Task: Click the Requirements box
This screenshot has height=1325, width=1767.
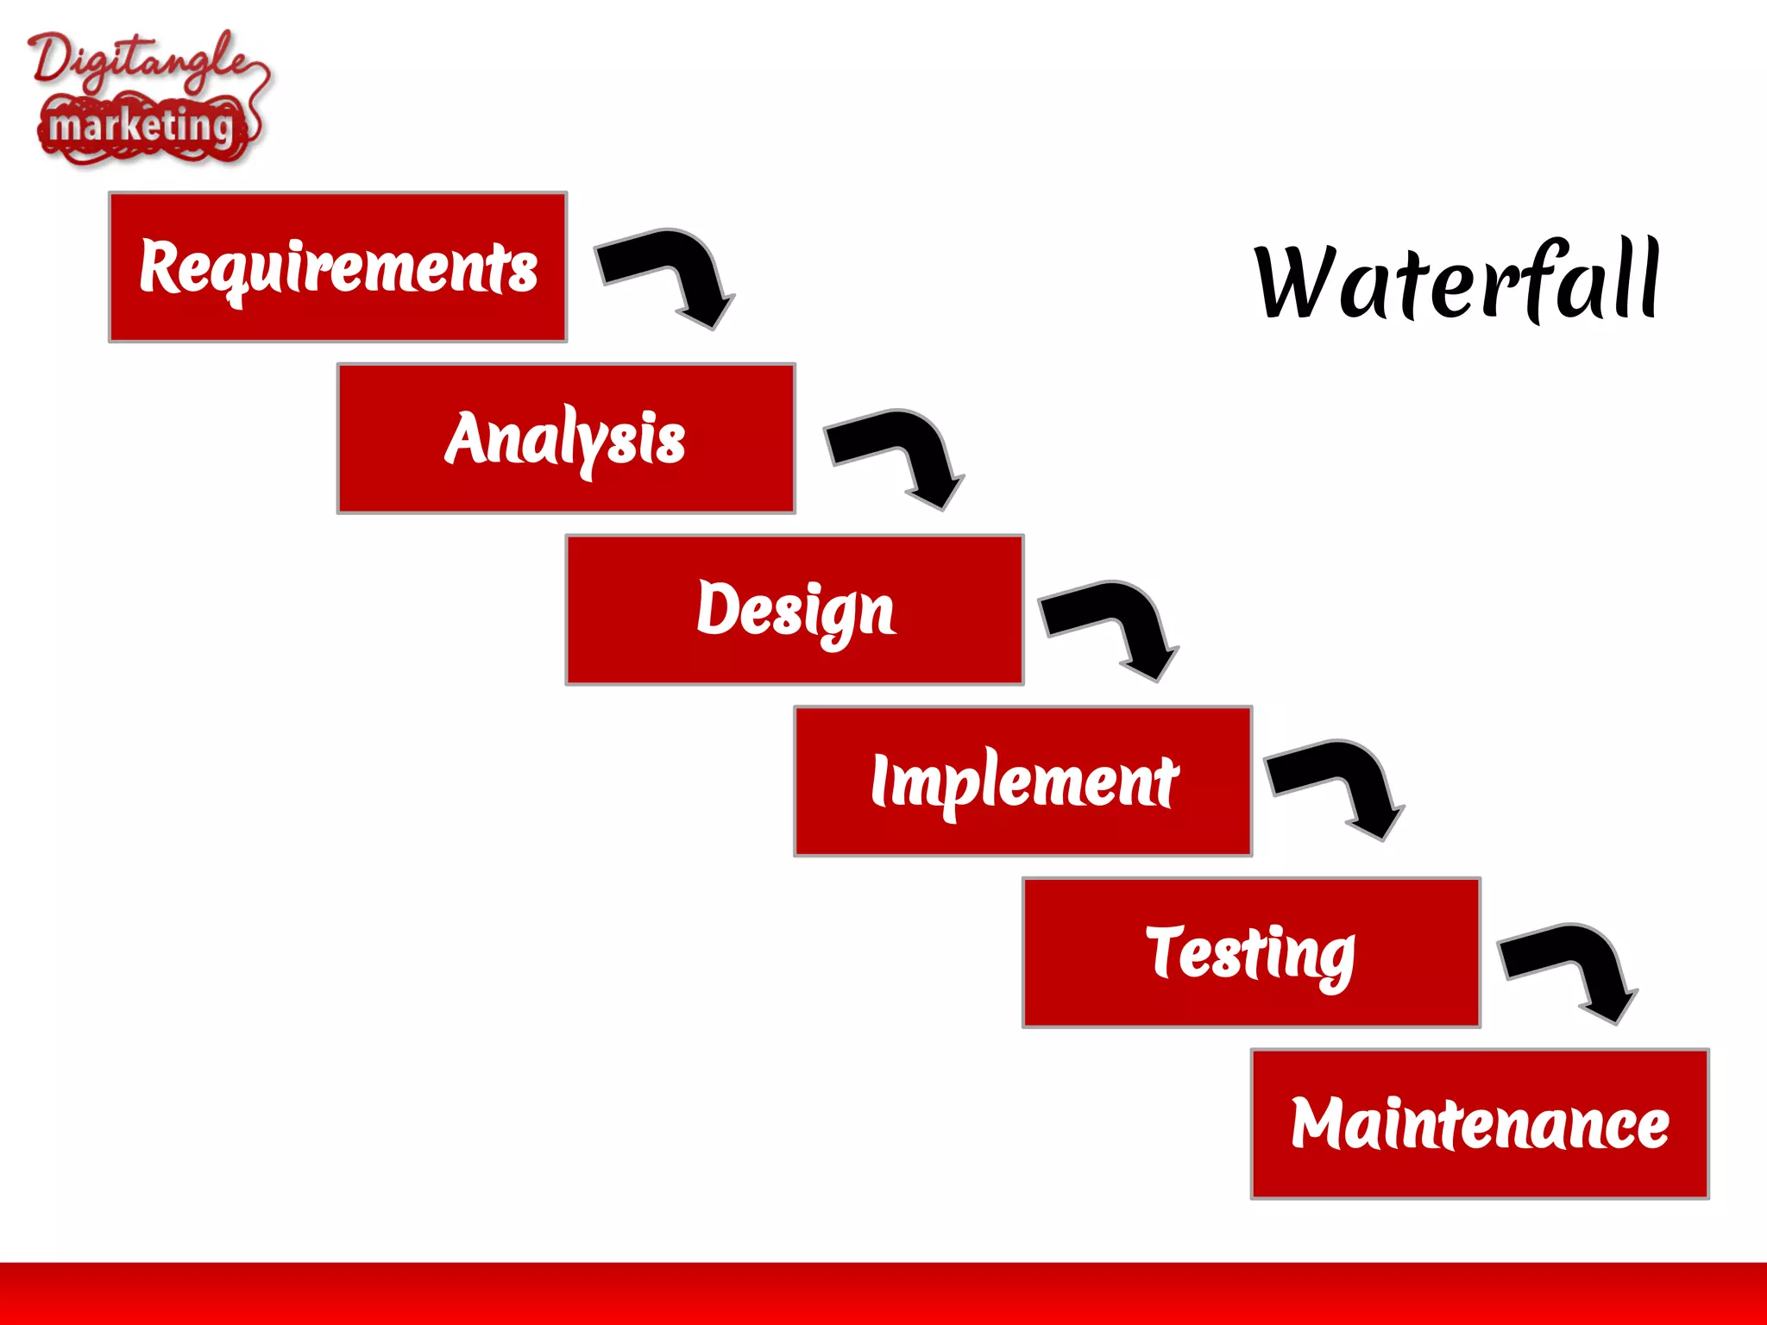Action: click(x=337, y=267)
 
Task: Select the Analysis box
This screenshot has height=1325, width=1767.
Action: click(x=566, y=438)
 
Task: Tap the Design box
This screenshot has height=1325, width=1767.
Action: click(x=795, y=610)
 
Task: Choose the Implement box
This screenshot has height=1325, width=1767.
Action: click(x=1023, y=782)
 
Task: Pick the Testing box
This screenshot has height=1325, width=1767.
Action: click(x=1251, y=953)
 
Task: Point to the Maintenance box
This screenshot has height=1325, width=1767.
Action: click(x=1480, y=1124)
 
